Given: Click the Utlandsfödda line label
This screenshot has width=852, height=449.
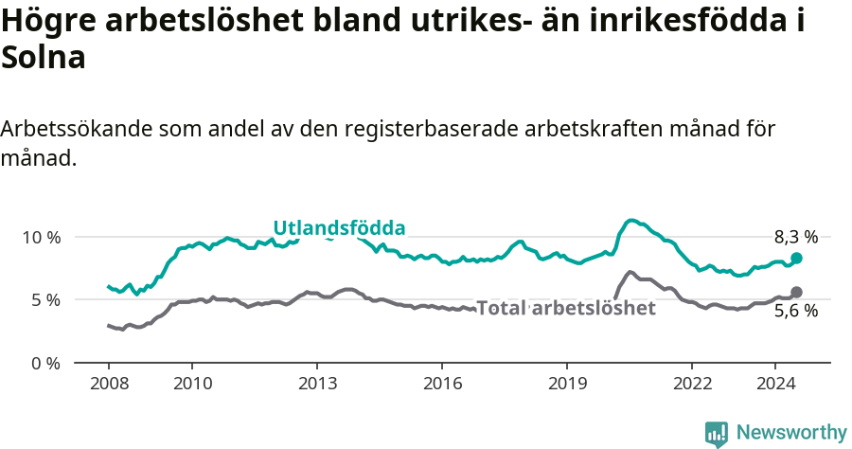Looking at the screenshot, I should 339,228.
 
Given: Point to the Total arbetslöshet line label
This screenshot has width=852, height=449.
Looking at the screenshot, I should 566,308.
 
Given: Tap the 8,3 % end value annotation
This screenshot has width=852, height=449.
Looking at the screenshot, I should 795,238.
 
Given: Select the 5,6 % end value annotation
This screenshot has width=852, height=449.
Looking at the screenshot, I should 795,311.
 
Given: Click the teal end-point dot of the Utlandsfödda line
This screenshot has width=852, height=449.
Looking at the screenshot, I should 796,258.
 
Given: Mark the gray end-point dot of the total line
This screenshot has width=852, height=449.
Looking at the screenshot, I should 796,292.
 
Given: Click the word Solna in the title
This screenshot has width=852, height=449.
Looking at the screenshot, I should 44,59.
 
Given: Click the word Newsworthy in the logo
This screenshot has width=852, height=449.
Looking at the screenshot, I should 791,432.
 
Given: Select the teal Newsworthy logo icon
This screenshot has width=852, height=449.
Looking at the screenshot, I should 717,434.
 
